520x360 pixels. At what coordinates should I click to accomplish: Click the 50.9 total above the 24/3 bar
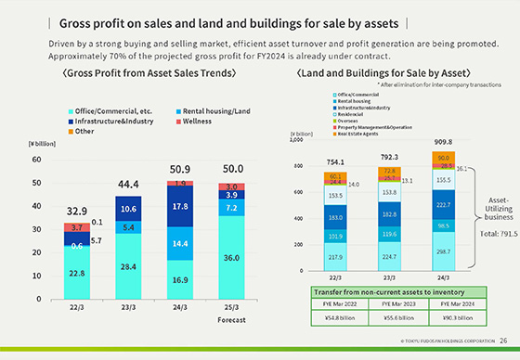coord(179,170)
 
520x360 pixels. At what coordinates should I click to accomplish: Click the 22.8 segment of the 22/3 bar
coord(78,273)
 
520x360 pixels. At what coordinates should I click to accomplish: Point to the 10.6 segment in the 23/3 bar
coord(129,209)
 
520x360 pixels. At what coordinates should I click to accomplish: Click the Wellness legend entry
coord(199,121)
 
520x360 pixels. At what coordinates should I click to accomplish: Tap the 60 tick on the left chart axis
coord(36,160)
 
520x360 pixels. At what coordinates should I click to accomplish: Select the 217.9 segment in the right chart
coord(335,257)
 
